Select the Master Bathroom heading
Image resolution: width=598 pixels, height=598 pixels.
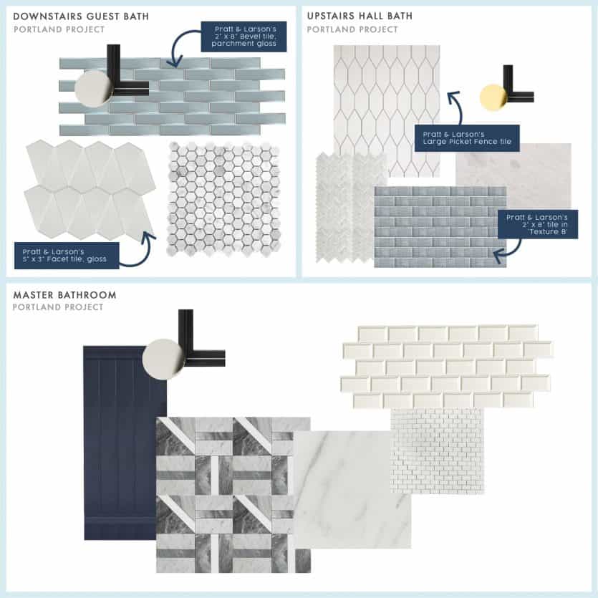(x=64, y=294)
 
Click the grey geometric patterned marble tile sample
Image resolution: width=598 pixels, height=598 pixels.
(x=233, y=494)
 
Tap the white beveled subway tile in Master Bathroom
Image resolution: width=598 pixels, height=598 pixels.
(x=447, y=365)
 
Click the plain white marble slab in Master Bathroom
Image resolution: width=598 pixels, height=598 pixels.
(x=351, y=487)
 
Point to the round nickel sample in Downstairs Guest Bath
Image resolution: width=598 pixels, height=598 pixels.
(x=94, y=90)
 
